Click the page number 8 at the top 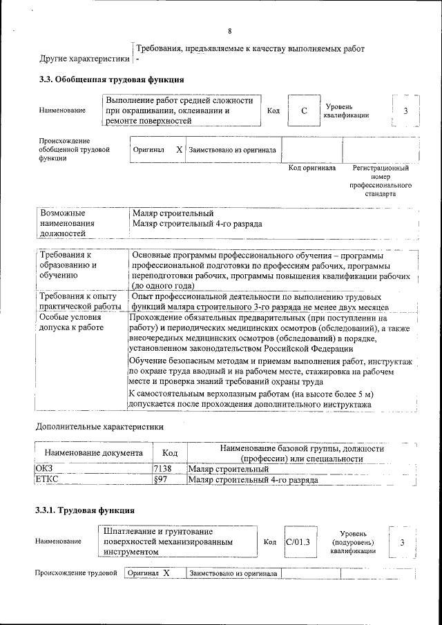(x=229, y=31)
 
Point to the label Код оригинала (x=311, y=168)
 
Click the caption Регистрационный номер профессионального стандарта (x=381, y=181)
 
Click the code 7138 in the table (x=163, y=469)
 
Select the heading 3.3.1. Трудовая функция (x=85, y=510)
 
